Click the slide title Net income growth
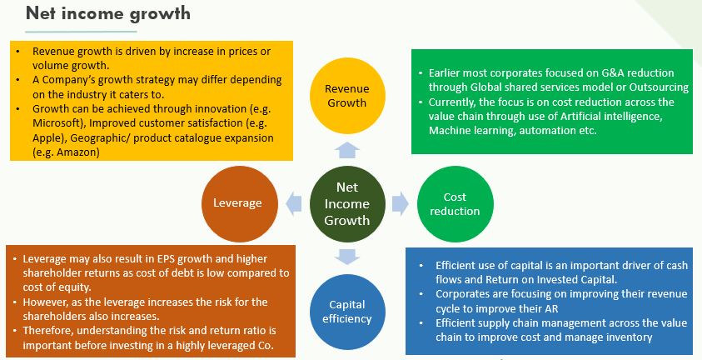[108, 13]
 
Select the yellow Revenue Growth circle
[347, 96]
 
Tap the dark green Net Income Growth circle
[347, 203]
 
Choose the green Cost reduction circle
[455, 203]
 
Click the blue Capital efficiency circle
[347, 312]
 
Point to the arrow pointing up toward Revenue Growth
[347, 151]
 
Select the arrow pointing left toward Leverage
[293, 203]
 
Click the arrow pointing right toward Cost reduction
[401, 203]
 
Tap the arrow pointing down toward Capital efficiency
[347, 257]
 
